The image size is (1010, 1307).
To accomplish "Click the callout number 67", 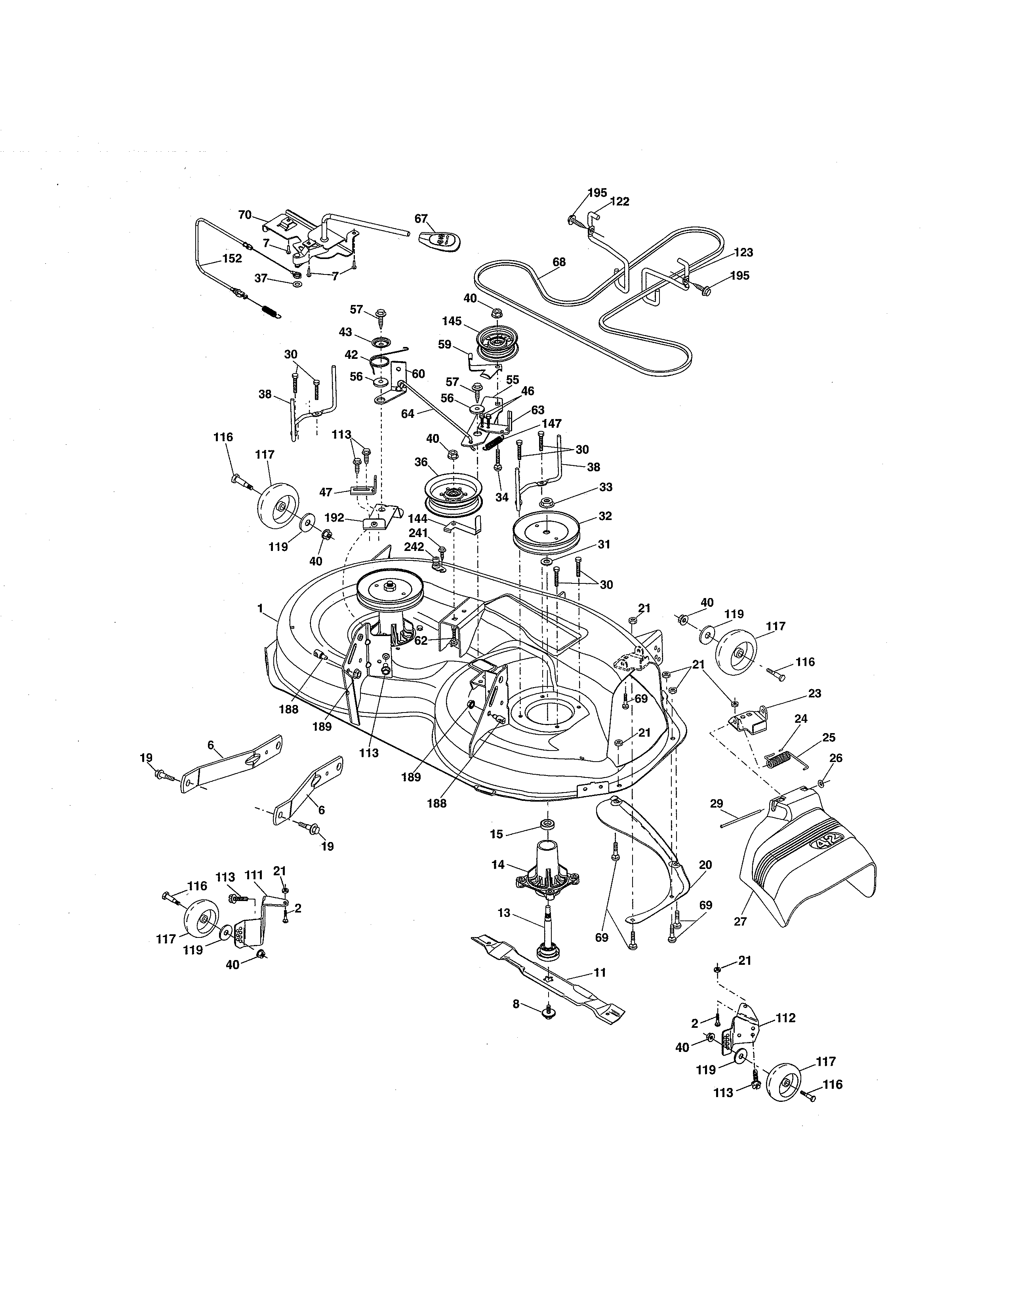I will tap(421, 219).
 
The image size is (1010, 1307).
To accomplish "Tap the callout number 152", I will tap(232, 259).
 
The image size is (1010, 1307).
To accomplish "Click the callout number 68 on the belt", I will tap(559, 262).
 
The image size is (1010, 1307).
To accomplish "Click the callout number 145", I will tap(452, 321).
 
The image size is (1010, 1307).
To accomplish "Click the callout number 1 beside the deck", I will tap(260, 608).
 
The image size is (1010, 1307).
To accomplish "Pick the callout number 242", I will tap(414, 547).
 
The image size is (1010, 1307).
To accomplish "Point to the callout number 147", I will tap(552, 423).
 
